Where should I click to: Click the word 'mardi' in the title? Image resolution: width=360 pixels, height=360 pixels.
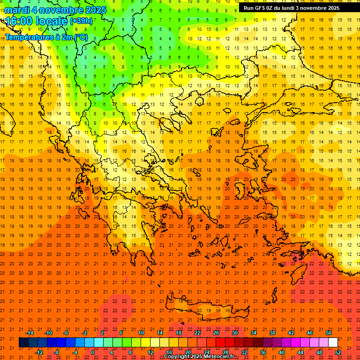pyautogui.click(x=18, y=10)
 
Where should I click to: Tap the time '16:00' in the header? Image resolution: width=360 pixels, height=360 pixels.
pyautogui.click(x=19, y=21)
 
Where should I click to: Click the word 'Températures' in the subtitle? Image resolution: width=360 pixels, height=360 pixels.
pyautogui.click(x=28, y=37)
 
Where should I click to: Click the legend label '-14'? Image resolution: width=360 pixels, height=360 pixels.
pyautogui.click(x=30, y=333)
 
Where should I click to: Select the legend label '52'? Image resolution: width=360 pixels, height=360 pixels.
pyautogui.click(x=338, y=352)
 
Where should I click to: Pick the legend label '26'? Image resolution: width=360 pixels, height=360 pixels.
pyautogui.click(x=216, y=333)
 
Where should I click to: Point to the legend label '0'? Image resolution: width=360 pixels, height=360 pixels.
pyautogui.click(x=93, y=352)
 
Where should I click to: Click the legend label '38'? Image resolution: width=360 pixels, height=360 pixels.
pyautogui.click(x=272, y=333)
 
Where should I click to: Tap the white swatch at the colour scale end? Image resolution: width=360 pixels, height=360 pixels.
pyautogui.click(x=333, y=343)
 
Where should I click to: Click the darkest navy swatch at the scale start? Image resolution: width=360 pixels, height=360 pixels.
pyautogui.click(x=23, y=343)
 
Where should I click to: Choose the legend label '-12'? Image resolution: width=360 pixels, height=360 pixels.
pyautogui.click(x=39, y=352)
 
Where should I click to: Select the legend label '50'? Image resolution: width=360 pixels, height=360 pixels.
pyautogui.click(x=329, y=333)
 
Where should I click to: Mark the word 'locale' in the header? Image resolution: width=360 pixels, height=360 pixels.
pyautogui.click(x=51, y=21)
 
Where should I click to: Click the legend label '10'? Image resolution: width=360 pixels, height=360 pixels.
pyautogui.click(x=141, y=333)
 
